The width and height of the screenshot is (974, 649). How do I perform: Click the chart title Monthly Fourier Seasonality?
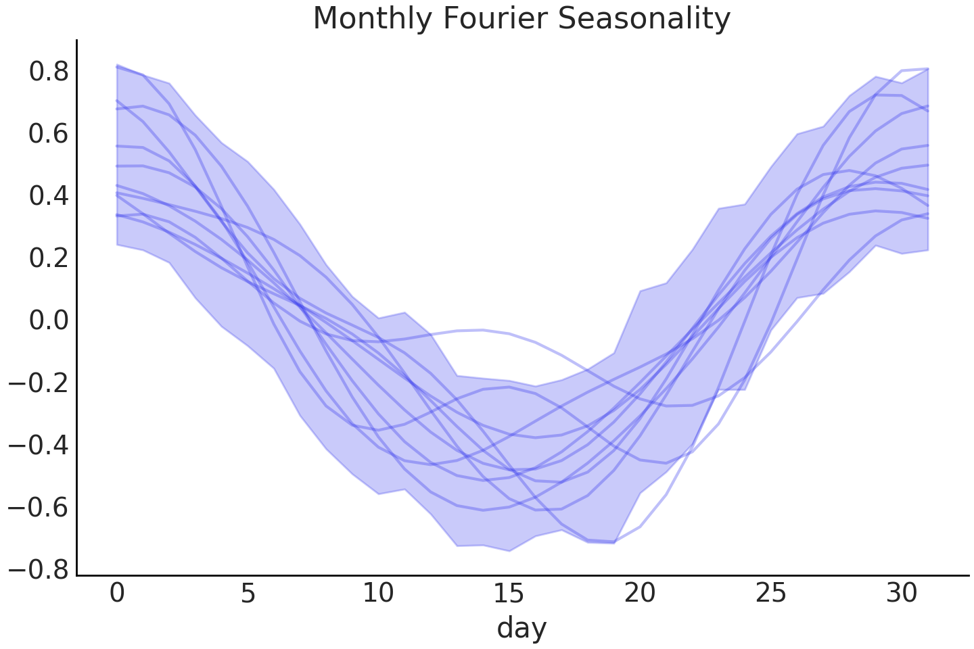click(x=521, y=19)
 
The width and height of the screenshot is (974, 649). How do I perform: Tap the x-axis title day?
click(x=521, y=628)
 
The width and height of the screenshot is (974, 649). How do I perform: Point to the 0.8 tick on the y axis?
click(x=49, y=72)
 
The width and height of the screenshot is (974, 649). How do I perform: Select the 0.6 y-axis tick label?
click(x=49, y=134)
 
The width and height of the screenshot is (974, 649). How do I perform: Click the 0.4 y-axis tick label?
click(x=49, y=196)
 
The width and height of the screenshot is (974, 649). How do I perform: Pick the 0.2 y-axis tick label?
click(x=49, y=258)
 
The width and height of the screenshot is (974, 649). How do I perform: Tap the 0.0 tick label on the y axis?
click(x=49, y=320)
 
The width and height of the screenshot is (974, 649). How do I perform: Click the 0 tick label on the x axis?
click(x=117, y=594)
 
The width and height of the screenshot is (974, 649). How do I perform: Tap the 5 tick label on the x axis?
click(x=248, y=594)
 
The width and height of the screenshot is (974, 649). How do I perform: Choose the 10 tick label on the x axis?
click(x=378, y=594)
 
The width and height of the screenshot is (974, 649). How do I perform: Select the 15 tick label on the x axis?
click(x=509, y=594)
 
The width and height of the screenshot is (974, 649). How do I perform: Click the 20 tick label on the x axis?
click(x=640, y=594)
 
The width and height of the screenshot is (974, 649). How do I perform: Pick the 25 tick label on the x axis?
click(x=770, y=594)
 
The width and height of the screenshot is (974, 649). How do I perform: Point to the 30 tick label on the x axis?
click(x=901, y=594)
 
